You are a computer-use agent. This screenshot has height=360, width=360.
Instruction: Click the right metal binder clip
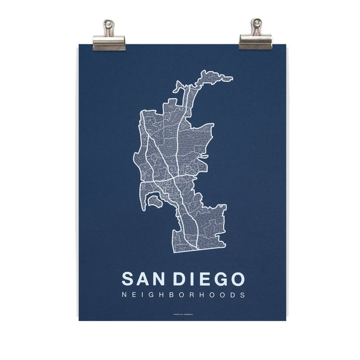(x=256, y=37)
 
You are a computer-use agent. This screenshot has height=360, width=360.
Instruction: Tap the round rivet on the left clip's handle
(x=109, y=25)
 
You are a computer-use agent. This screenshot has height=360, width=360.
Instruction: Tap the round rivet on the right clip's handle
(x=256, y=23)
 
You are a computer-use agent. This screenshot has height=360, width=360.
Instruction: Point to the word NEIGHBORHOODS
(x=183, y=295)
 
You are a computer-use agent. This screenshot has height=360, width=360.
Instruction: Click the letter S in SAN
(x=127, y=279)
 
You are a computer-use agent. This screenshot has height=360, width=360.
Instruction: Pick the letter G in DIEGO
(x=220, y=279)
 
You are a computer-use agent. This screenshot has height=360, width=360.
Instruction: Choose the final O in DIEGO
(x=237, y=279)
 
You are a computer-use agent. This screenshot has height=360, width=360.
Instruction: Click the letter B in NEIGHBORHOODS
(x=173, y=295)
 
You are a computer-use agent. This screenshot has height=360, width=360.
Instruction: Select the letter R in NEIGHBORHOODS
(x=194, y=295)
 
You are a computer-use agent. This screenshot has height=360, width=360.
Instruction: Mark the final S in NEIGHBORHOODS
(x=242, y=295)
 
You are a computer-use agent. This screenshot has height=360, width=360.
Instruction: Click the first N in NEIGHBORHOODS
(x=124, y=295)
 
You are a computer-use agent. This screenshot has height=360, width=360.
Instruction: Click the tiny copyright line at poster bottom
(x=183, y=311)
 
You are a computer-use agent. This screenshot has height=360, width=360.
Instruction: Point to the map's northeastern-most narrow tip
(x=230, y=77)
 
